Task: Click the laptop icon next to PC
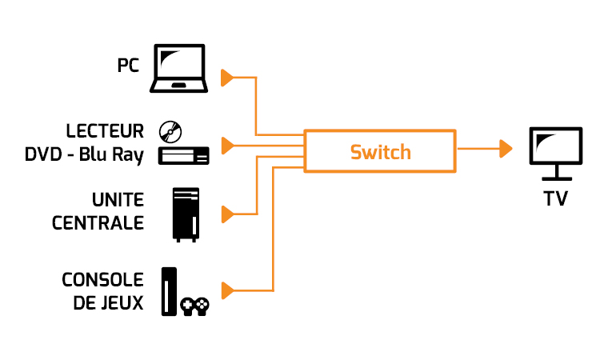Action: [x=178, y=68]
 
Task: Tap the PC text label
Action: [x=128, y=66]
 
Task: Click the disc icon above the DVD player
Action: [x=170, y=131]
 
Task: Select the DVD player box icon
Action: [x=184, y=155]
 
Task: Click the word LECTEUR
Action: [x=105, y=131]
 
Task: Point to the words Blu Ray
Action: [x=111, y=154]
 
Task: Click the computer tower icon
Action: [x=186, y=215]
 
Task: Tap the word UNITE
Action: [x=118, y=200]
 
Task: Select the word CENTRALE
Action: [x=98, y=223]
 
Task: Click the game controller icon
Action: [x=194, y=306]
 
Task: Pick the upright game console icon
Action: [x=169, y=291]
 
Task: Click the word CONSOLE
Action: [x=102, y=280]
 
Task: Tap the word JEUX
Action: [x=122, y=303]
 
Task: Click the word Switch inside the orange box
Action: [x=380, y=152]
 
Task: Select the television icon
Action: [x=556, y=154]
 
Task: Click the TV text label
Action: [x=556, y=198]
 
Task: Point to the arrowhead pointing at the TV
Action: [x=506, y=149]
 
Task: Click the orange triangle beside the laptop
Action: [x=227, y=78]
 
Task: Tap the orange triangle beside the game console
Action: [x=228, y=291]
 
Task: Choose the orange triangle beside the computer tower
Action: [x=228, y=214]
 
